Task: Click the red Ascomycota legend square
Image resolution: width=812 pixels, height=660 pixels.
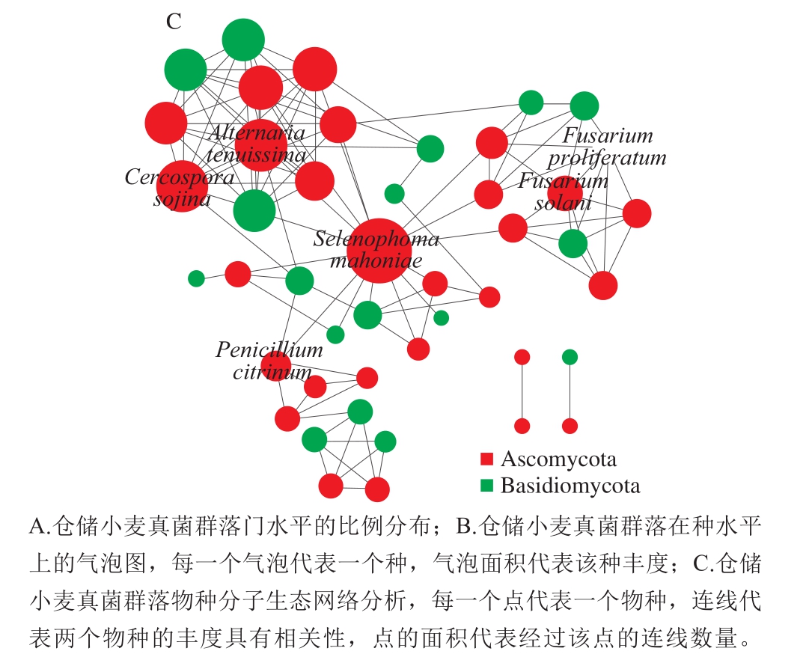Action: pos(486,459)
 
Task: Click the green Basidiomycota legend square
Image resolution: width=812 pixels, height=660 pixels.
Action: pos(486,486)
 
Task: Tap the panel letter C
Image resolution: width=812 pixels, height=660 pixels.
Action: pos(174,22)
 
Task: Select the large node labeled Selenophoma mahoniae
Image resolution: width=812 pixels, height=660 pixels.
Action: pos(379,251)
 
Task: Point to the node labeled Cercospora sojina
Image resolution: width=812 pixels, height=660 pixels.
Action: pos(183,186)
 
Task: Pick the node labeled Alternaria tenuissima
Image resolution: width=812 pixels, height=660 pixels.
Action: pos(261,145)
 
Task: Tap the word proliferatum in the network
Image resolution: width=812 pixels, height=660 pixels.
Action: pos(607,158)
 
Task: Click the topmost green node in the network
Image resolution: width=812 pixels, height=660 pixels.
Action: pos(243,40)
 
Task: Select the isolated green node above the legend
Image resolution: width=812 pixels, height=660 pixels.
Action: pos(570,357)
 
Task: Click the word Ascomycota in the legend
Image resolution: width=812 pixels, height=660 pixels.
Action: pos(559,459)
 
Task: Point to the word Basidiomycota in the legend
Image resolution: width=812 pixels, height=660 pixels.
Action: pos(570,486)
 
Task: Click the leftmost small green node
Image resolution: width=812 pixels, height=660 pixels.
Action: pos(196,278)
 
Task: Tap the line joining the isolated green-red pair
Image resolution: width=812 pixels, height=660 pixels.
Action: pos(570,392)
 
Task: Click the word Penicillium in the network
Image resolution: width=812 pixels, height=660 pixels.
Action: pos(269,350)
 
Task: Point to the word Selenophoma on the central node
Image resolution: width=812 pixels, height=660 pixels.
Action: pos(376,239)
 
